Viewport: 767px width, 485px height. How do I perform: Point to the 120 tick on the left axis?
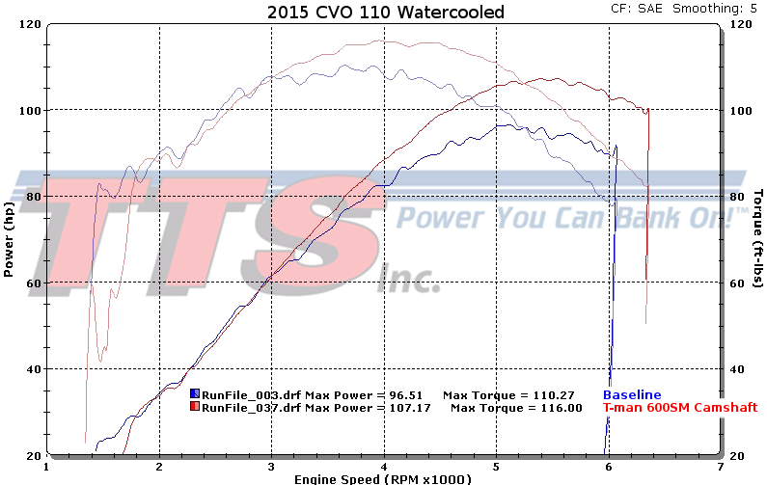coord(32,23)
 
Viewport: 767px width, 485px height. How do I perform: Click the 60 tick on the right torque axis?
coord(739,283)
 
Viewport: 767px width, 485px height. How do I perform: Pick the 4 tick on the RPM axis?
coord(384,465)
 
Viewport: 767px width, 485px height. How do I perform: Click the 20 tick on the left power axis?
coord(34,454)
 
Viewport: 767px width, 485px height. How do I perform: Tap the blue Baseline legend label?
coord(632,394)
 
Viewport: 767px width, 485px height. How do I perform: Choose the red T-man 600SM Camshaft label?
coord(679,408)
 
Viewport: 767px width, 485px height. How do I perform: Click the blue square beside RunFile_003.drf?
coord(195,394)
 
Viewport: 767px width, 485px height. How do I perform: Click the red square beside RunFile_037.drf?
coord(195,408)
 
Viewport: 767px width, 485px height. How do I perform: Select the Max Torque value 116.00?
coord(562,408)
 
